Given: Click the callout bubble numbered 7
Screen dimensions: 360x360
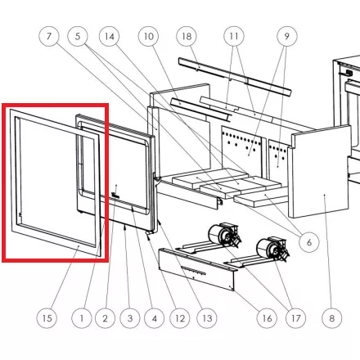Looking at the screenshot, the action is (49, 36).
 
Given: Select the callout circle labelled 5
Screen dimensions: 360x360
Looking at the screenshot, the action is (78, 36).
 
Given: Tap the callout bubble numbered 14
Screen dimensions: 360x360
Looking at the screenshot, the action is (110, 36).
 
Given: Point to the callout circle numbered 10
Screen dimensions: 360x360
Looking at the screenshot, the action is (149, 36).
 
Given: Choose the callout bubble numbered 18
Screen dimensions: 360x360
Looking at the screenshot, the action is (187, 36).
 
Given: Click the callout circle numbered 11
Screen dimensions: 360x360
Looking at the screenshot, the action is (234, 36).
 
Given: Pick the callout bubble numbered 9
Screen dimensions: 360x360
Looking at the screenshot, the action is (287, 36).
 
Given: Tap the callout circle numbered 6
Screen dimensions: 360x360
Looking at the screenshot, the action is (309, 242).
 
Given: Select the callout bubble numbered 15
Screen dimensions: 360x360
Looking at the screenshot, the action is (47, 318).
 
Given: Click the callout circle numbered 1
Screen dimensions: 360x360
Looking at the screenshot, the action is (82, 318).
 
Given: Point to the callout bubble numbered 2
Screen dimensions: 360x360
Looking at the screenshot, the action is (106, 318).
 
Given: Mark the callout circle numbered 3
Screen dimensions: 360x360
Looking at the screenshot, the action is (130, 318).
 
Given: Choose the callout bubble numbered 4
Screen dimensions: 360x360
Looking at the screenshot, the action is (155, 318).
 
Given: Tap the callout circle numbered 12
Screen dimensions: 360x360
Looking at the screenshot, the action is (180, 318).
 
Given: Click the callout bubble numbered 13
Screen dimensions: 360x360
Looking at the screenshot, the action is (207, 318).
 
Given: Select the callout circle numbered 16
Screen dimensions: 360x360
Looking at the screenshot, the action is (267, 318).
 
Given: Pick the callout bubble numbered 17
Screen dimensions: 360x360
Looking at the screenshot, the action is (296, 318).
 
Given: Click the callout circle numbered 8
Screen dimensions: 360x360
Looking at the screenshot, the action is (331, 318).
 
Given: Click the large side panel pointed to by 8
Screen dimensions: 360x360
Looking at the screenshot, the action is (320, 173).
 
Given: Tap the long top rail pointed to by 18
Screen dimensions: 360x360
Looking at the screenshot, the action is (235, 77).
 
